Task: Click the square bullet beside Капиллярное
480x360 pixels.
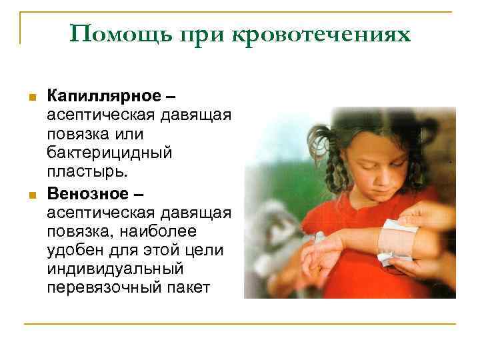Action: pyautogui.click(x=31, y=98)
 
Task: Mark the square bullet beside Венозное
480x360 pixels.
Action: pyautogui.click(x=31, y=194)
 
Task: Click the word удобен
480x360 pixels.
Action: pyautogui.click(x=74, y=250)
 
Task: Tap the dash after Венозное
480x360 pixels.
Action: pyautogui.click(x=137, y=194)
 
